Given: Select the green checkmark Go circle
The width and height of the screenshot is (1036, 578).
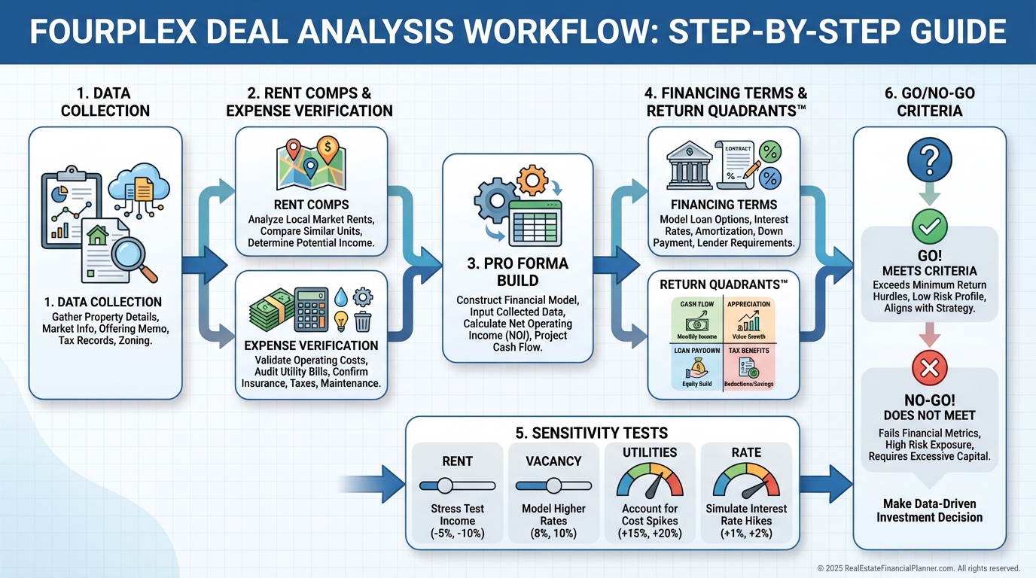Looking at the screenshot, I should (929, 225).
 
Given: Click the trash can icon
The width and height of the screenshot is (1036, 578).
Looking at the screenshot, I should (363, 321).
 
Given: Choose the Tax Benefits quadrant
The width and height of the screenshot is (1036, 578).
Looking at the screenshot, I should (749, 367).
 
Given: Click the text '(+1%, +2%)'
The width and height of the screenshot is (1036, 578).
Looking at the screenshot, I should (746, 534).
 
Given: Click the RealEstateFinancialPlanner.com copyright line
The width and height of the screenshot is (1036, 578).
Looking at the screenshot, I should (919, 568).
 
